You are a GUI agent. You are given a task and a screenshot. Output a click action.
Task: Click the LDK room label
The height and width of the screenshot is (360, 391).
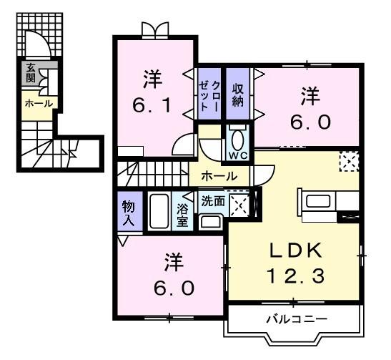(295, 250)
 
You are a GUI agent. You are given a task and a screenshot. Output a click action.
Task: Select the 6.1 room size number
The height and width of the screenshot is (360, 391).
(152, 106)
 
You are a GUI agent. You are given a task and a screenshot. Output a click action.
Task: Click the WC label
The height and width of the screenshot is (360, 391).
(237, 155)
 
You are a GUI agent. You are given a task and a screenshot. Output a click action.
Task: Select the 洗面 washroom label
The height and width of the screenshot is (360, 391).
(213, 201)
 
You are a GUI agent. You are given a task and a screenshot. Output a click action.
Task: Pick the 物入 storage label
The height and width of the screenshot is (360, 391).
(128, 213)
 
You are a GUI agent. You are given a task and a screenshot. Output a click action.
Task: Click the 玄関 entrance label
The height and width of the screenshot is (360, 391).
(31, 73)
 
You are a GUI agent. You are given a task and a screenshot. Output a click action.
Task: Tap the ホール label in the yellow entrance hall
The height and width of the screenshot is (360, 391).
(37, 104)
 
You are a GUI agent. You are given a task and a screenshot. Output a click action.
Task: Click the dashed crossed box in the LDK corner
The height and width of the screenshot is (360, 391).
(348, 161)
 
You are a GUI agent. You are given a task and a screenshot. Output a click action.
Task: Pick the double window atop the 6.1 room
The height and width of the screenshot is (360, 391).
(155, 30)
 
